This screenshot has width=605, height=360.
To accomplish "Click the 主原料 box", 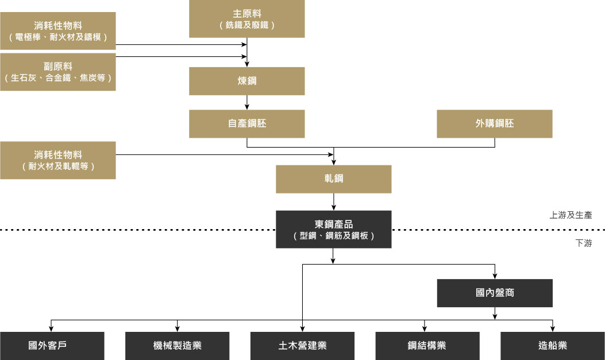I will pos(247,19).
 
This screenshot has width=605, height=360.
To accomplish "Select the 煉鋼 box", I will pos(247,81).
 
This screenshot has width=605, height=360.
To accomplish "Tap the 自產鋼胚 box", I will pos(247,123).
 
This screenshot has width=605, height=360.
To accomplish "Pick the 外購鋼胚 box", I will pos(494,123).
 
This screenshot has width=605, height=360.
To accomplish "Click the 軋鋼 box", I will pos(333,179).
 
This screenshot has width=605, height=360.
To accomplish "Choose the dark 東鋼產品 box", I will pos(333,229).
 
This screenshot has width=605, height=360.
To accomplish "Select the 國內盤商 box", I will pos(495,293).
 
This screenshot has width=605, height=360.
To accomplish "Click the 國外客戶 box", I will pos(52,346).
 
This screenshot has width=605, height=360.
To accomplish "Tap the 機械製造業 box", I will pos(177,346).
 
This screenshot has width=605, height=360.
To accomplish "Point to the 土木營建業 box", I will pos(302,346).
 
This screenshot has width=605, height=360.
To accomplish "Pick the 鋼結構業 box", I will pos(427,346).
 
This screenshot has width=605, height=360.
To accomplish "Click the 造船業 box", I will pos(553,346).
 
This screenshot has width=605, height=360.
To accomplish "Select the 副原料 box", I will pos(57,72).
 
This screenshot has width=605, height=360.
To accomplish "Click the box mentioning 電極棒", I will pos(57,31).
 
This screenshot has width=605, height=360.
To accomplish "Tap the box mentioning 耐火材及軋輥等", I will pos(57,160).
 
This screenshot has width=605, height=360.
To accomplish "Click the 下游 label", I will pos(583,243).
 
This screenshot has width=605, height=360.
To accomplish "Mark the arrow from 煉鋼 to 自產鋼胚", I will pos(247,102).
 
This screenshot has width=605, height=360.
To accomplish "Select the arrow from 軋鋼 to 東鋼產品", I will pos(333,202).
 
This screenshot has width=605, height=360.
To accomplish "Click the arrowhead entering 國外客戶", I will pos(52,328).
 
